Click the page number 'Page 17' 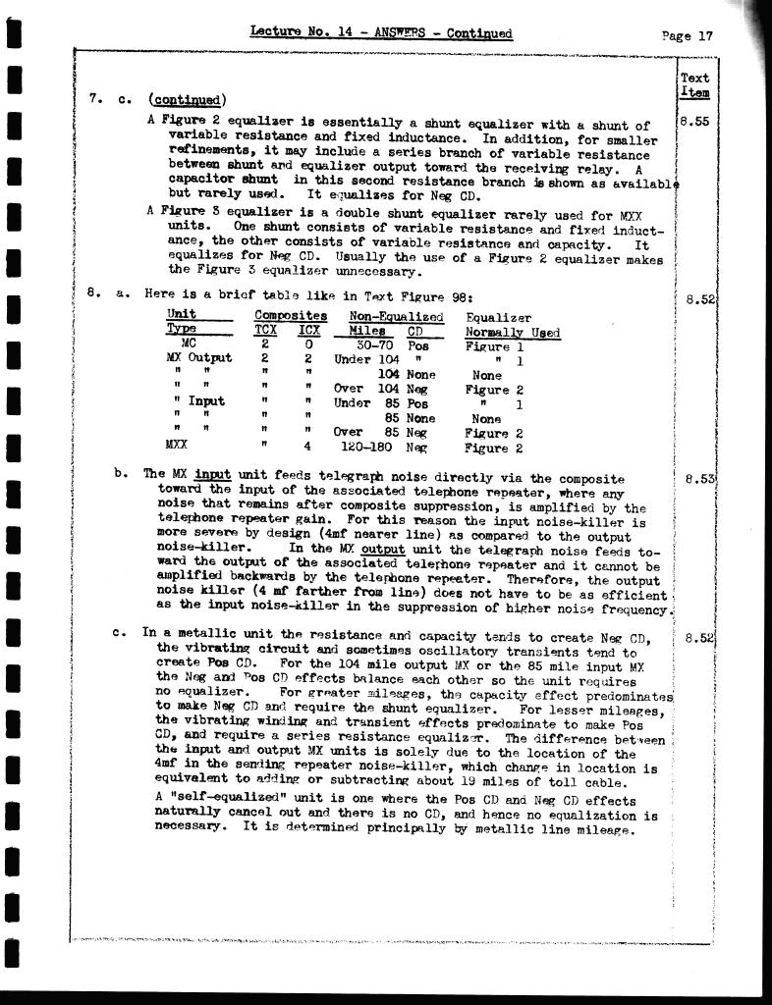tap(688, 36)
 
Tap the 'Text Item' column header tap(694, 84)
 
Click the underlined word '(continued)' tap(187, 99)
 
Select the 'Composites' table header tap(291, 316)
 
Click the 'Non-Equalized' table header tap(396, 317)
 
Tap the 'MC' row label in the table tap(189, 345)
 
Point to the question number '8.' tap(94, 291)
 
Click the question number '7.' tap(94, 98)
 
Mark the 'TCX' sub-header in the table tap(265, 331)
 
